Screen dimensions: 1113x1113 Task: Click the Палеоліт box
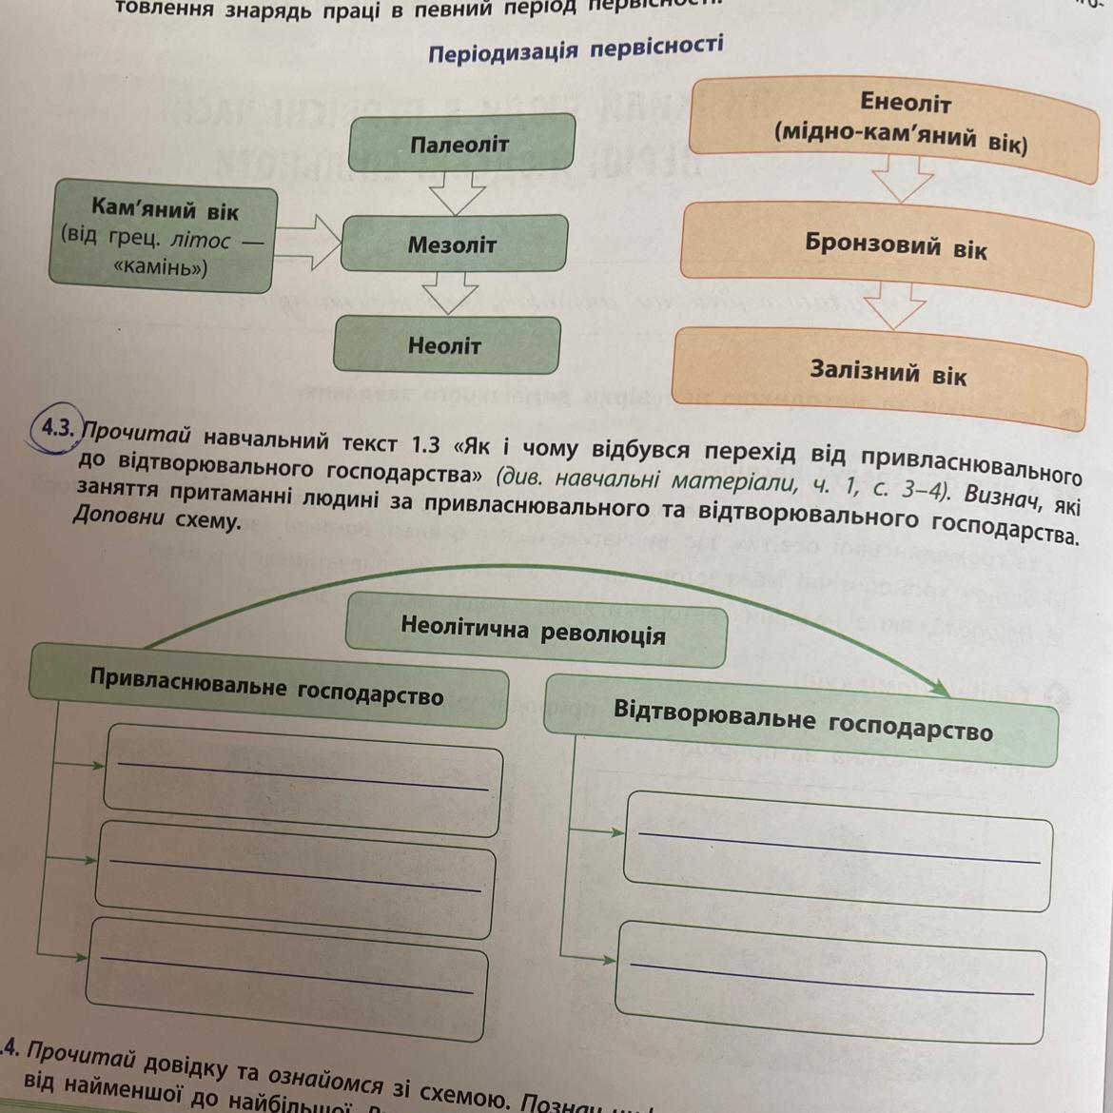[461, 144]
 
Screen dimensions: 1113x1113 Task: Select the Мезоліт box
[453, 244]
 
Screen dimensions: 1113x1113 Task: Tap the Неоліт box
[445, 345]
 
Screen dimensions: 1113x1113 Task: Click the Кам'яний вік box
[161, 237]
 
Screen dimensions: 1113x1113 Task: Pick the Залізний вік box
[888, 372]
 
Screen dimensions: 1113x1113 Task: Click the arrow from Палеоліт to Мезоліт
[458, 194]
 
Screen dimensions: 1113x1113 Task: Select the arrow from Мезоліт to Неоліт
[450, 293]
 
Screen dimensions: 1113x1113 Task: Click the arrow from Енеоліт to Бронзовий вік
[902, 178]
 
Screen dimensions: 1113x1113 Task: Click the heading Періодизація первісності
[576, 48]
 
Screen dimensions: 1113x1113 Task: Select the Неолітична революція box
[534, 629]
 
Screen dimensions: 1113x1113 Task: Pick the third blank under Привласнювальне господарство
[285, 978]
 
